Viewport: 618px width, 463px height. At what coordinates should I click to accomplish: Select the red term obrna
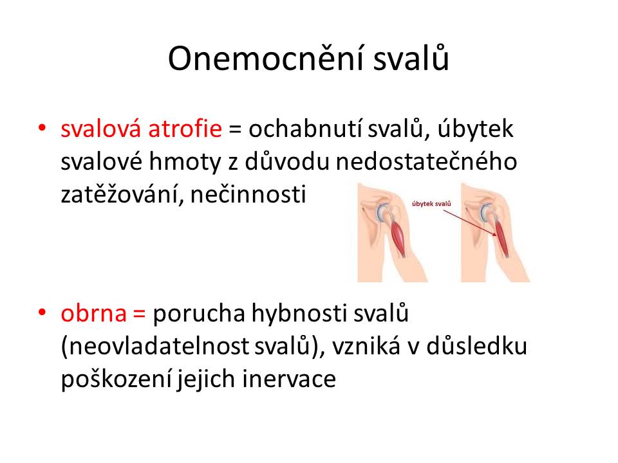(94, 313)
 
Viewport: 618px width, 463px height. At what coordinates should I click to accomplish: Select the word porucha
(199, 314)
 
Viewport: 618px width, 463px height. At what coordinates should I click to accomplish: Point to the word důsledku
(477, 346)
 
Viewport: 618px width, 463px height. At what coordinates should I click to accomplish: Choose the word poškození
(117, 379)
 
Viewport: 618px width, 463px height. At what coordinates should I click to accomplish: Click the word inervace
(289, 379)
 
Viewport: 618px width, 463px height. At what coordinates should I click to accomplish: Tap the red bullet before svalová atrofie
(42, 127)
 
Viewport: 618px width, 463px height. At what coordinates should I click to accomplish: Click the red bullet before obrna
(42, 313)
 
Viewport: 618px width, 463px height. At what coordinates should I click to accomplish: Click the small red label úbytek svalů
(431, 204)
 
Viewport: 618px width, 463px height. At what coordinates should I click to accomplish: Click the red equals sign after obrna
(140, 314)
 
